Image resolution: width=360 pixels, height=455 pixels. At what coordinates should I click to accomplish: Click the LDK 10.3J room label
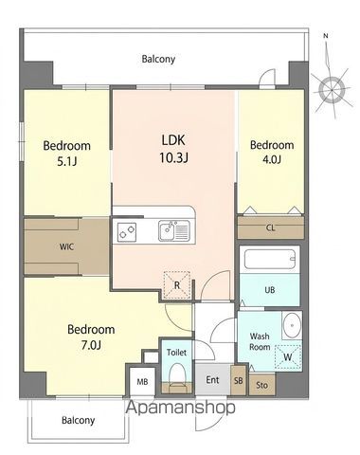click(x=173, y=149)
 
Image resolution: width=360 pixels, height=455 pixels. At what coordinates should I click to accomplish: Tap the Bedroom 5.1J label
click(x=67, y=154)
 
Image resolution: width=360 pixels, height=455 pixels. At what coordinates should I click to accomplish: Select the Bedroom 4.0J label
click(x=272, y=152)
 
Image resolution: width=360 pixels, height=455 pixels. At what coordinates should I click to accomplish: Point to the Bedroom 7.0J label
click(x=91, y=337)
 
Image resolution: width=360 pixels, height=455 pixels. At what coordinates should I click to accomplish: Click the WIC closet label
click(x=67, y=246)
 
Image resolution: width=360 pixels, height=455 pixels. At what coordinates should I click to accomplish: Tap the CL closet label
click(x=271, y=227)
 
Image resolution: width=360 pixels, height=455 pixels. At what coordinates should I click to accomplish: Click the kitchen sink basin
click(x=167, y=230)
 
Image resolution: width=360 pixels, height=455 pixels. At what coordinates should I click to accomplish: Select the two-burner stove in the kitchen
click(x=127, y=232)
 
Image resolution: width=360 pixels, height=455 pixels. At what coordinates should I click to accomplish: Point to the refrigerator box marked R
click(x=177, y=285)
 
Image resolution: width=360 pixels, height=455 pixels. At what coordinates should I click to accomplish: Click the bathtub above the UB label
click(x=270, y=259)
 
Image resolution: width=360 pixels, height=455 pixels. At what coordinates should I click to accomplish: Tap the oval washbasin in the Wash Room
click(x=292, y=325)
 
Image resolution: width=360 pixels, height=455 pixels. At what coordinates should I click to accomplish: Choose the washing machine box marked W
click(x=288, y=357)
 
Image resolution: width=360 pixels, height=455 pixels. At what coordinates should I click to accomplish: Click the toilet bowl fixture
click(x=177, y=377)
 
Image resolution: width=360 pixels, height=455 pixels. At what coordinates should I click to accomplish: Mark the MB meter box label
click(x=142, y=382)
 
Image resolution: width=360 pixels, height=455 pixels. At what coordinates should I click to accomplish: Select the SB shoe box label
click(x=239, y=381)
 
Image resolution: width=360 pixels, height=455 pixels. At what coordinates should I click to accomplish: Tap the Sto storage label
click(x=262, y=385)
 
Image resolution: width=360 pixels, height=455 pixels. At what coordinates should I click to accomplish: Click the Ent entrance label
click(x=212, y=380)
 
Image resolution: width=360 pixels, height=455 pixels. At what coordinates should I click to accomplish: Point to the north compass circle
click(x=332, y=90)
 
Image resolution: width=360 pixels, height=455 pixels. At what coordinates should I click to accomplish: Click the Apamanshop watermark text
click(x=181, y=408)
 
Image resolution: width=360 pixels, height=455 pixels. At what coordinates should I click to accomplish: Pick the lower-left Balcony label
click(x=78, y=421)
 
